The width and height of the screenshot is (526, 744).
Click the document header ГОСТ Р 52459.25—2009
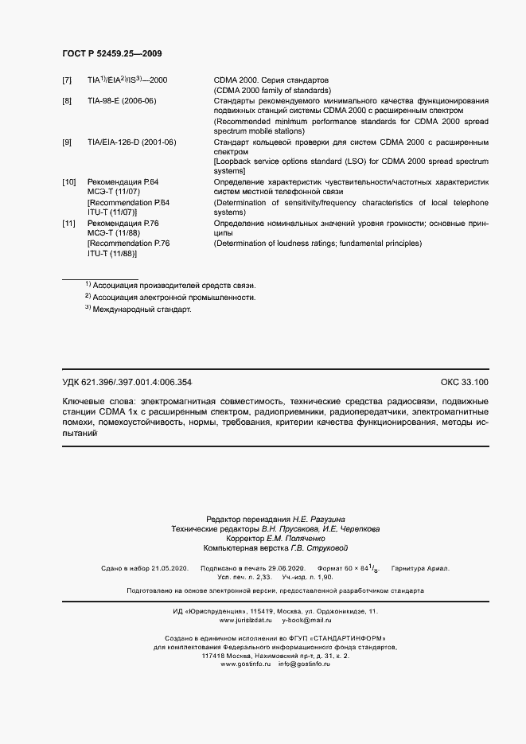pyautogui.click(x=113, y=53)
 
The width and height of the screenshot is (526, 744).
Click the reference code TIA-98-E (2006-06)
pyautogui.click(x=122, y=101)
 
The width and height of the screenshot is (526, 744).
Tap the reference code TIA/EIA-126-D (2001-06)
pyautogui.click(x=131, y=142)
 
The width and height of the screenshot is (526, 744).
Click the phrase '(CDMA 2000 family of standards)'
pyautogui.click(x=272, y=91)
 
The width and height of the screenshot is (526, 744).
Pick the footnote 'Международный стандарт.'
pyautogui.click(x=142, y=310)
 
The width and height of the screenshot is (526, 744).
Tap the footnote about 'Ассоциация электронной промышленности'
pyautogui.click(x=173, y=297)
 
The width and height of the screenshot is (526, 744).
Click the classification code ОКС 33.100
pyautogui.click(x=465, y=383)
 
